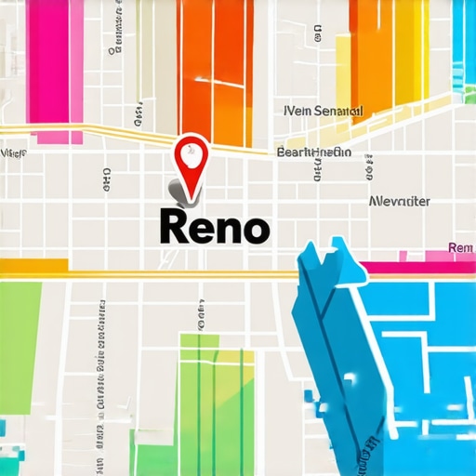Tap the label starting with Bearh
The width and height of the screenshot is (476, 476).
coord(314,152)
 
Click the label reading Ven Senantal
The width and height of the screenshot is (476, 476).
coord(321,111)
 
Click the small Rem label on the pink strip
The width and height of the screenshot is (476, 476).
coord(460,248)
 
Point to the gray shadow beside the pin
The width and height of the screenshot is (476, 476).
coord(176,191)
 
